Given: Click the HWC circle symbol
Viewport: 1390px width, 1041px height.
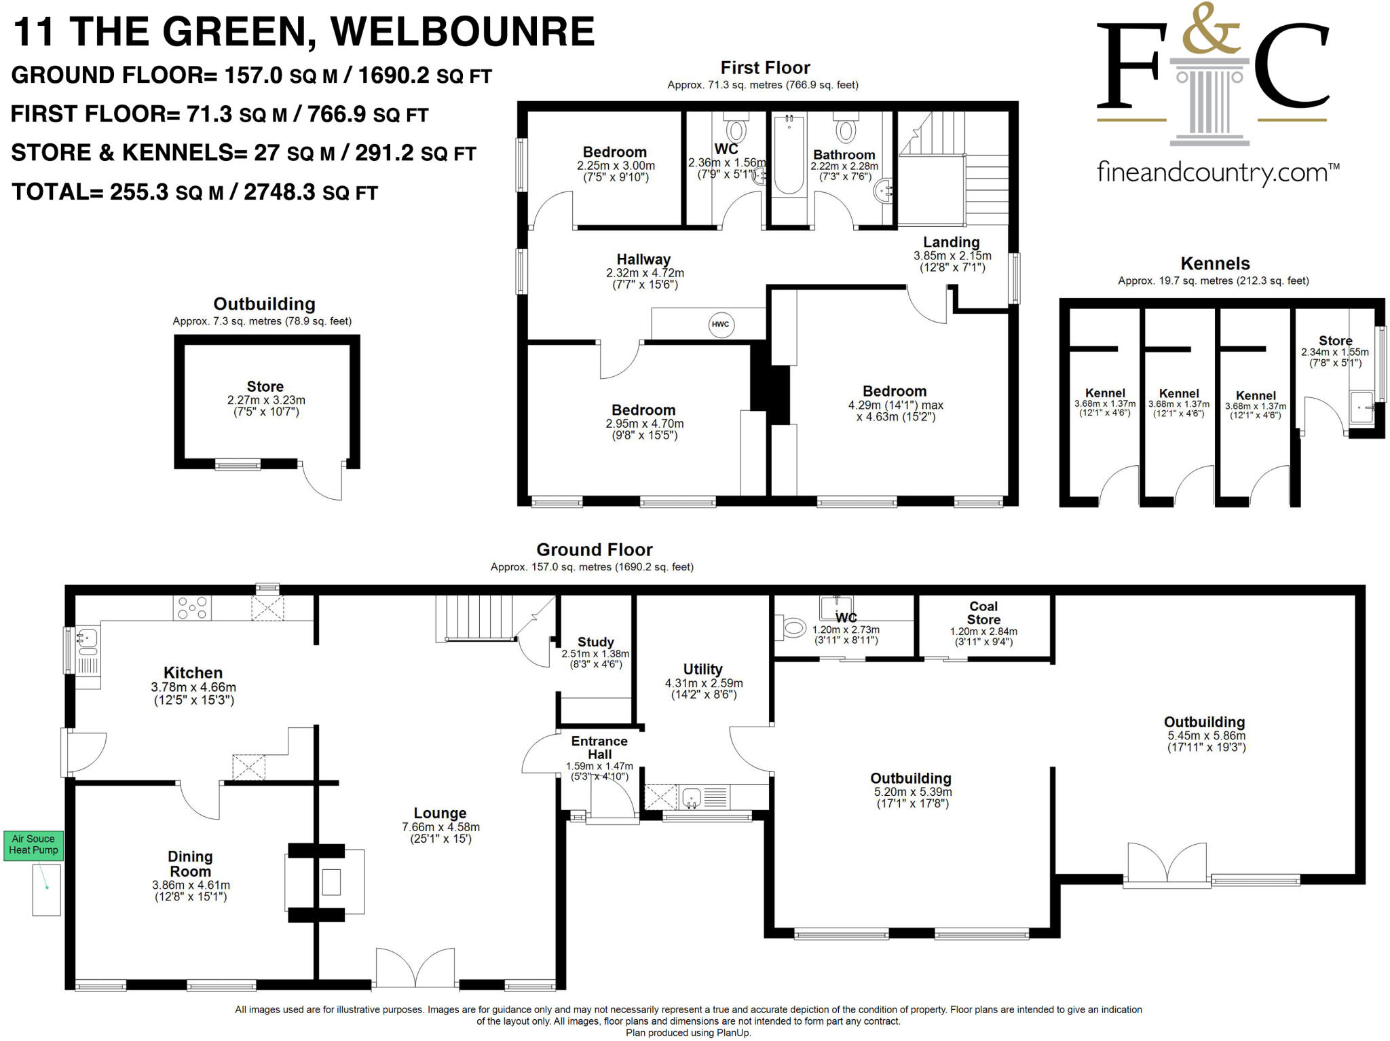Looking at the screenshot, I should point(720,324).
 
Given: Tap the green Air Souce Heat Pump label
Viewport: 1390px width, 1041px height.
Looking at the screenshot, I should point(33,845).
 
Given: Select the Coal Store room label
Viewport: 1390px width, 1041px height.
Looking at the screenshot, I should point(983,613).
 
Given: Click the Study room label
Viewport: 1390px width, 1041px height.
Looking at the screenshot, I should point(595,642).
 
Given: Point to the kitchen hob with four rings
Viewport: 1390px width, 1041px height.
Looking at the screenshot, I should point(193,608).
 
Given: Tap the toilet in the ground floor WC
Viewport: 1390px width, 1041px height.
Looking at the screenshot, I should point(792,627).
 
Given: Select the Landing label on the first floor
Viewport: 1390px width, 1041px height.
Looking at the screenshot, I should point(951,242).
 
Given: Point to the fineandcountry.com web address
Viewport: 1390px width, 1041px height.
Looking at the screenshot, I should point(1218,172).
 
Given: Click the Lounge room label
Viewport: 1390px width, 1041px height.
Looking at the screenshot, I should point(440,813).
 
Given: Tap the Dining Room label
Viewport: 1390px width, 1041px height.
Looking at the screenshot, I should point(190,864).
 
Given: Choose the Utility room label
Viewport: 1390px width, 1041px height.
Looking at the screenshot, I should point(702,669).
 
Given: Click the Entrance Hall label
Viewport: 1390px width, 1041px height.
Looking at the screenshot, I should point(599,748).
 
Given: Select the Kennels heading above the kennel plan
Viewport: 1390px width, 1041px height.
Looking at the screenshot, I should point(1215,263).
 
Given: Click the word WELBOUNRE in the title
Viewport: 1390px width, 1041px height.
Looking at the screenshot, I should point(462,32).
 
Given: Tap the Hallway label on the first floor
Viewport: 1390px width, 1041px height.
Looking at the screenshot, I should point(643,259).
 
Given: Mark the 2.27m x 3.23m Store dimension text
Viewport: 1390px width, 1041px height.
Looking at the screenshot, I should point(266,400).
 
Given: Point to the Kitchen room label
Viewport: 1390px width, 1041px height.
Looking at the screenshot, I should point(193,672).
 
